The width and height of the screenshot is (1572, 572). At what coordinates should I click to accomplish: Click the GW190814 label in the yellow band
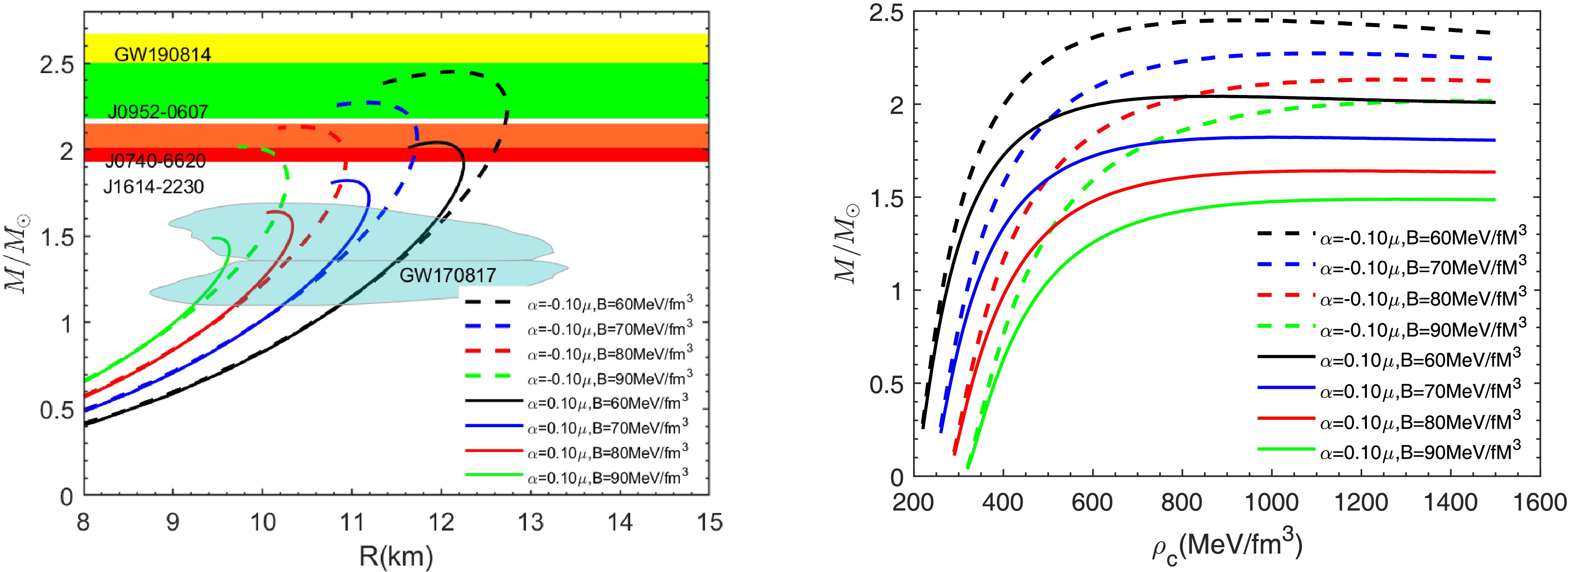pos(162,55)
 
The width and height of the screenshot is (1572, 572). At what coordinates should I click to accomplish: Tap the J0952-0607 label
pos(158,112)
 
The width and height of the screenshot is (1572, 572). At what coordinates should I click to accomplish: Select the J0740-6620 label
pos(156,161)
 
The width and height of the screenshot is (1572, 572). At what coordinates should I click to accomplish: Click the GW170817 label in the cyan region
pos(447,276)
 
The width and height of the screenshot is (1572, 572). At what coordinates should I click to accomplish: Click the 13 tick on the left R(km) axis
pos(530,522)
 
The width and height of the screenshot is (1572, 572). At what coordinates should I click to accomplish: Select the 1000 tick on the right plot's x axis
pos(1271,502)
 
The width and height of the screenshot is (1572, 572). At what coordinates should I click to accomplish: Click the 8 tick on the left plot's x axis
pos(84,522)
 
